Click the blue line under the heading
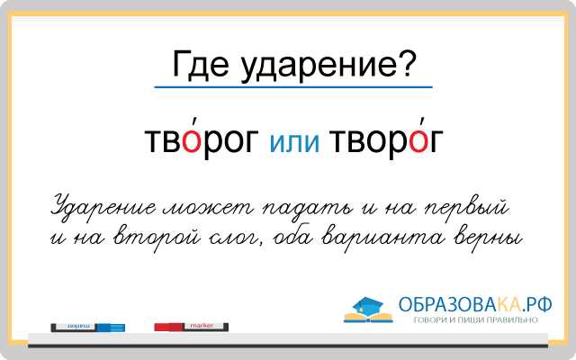pyautogui.click(x=293, y=87)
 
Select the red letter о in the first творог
pyautogui.click(x=192, y=141)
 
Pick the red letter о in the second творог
pyautogui.click(x=419, y=141)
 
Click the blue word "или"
pyautogui.click(x=294, y=142)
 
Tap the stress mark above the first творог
pyautogui.click(x=195, y=122)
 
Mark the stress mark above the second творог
pyautogui.click(x=423, y=122)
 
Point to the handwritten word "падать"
pyautogui.click(x=307, y=208)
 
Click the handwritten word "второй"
pyautogui.click(x=157, y=237)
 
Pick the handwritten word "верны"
pyautogui.click(x=488, y=238)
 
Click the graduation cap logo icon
pyautogui.click(x=368, y=310)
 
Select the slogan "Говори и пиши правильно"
pyautogui.click(x=476, y=320)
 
